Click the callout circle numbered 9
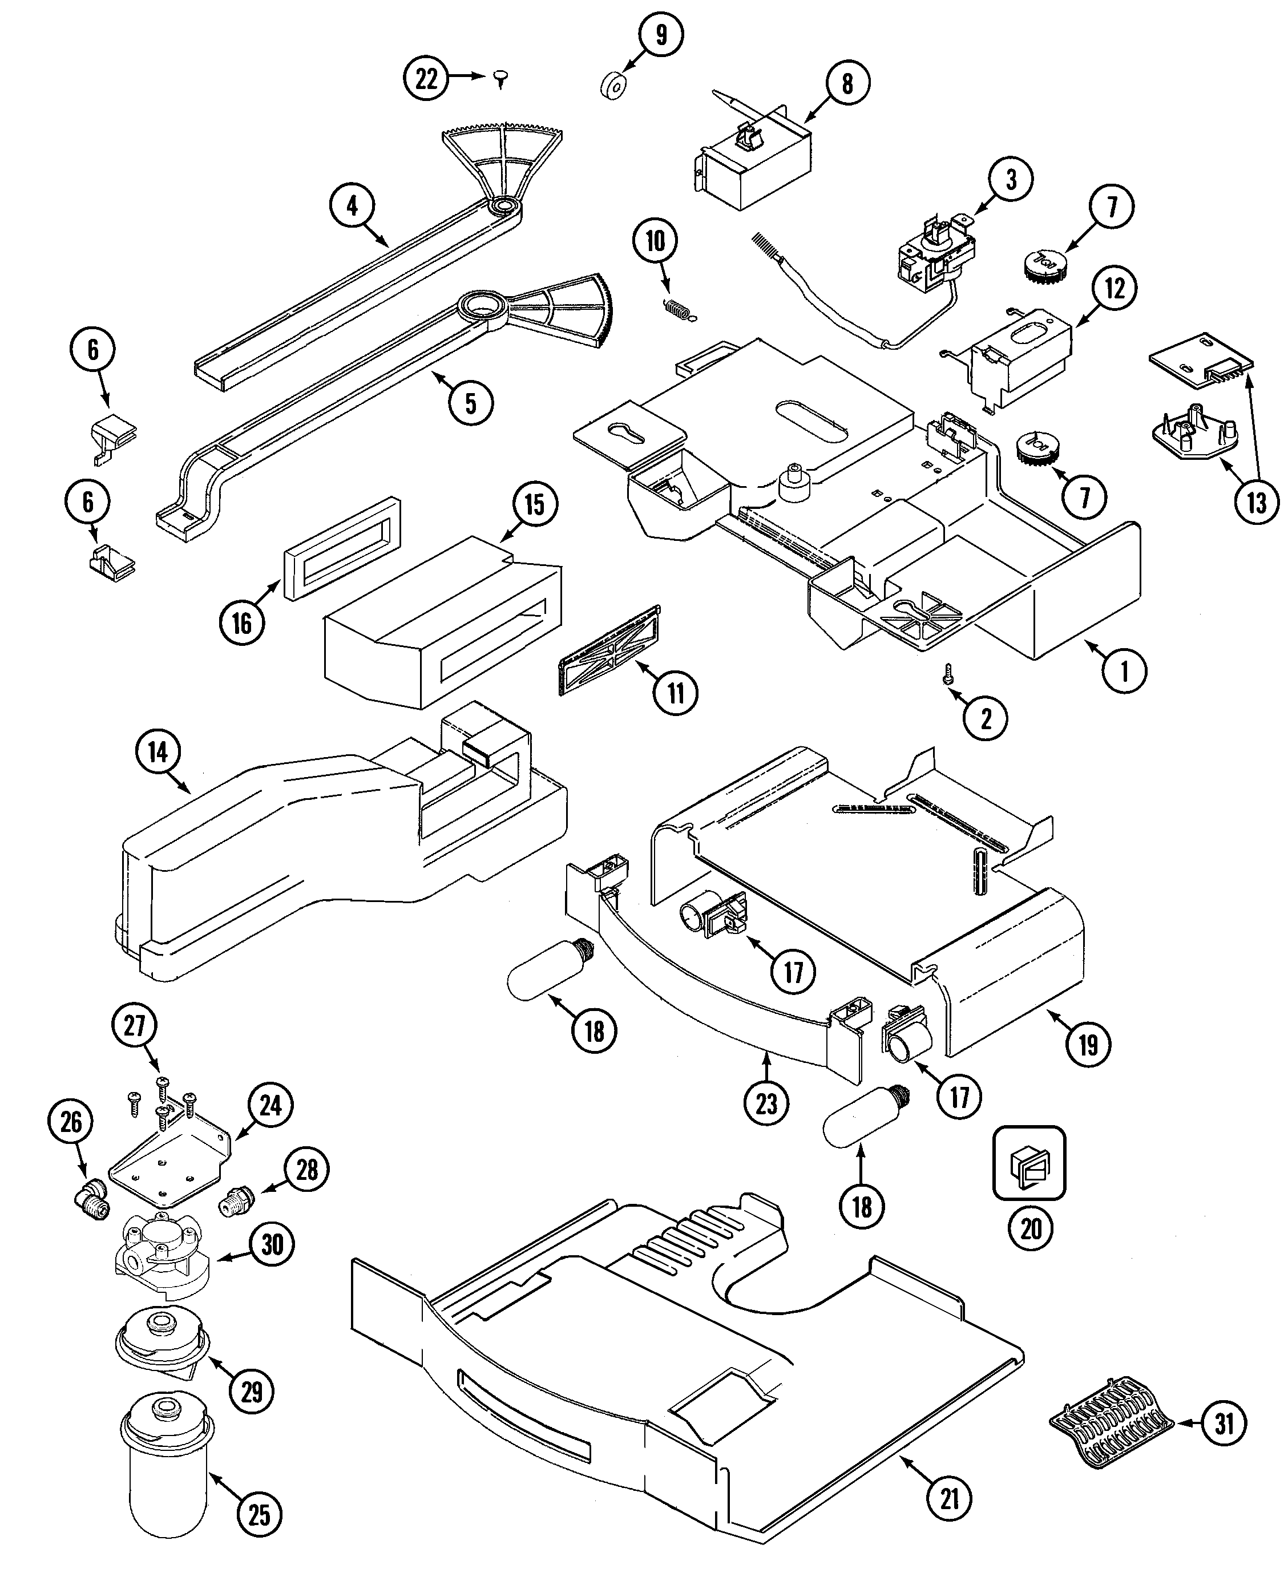click(660, 34)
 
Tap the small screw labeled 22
click(502, 77)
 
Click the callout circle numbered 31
click(1225, 1423)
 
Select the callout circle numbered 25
click(259, 1515)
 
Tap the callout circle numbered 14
click(158, 752)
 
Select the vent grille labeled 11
click(609, 650)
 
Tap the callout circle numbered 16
click(242, 623)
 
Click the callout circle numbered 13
click(1257, 503)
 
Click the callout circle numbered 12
click(1115, 288)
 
